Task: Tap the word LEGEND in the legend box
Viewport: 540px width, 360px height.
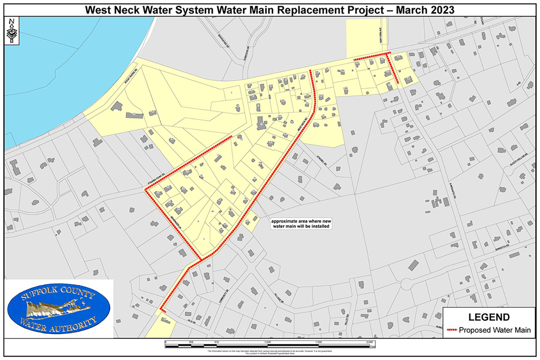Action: [x=489, y=317]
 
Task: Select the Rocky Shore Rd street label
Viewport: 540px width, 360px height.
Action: [x=131, y=76]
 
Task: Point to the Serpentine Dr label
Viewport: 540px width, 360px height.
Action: [x=224, y=41]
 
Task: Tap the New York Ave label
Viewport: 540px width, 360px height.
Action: [x=381, y=35]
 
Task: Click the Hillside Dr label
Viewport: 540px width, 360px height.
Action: [x=279, y=297]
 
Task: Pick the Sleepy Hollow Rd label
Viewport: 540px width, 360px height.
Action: [x=518, y=159]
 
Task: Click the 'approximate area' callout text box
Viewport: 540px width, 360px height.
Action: [x=301, y=224]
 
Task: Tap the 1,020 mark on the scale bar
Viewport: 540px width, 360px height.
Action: [x=267, y=342]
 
